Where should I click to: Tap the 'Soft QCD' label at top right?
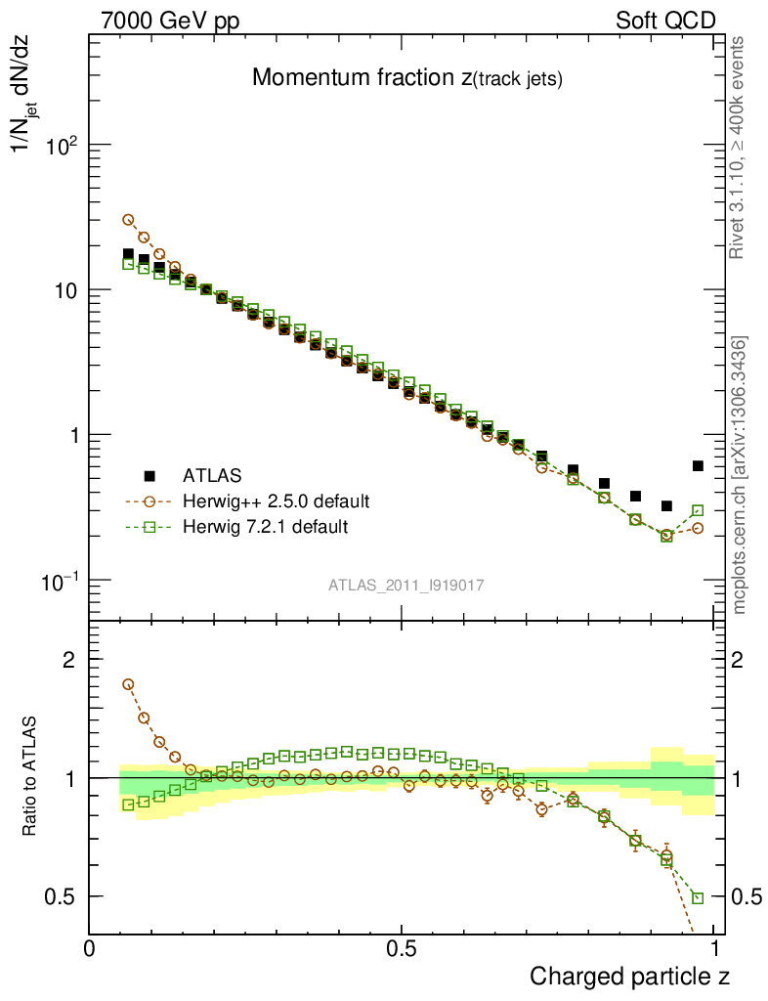(665, 21)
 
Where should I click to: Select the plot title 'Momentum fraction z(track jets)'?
(406, 79)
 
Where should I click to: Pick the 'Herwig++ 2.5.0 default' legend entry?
(275, 501)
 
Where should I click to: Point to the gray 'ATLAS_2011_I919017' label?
(406, 585)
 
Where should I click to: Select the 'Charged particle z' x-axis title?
(629, 976)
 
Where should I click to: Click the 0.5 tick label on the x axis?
(402, 948)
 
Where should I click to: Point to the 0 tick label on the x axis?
(90, 948)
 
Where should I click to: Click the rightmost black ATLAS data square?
(698, 465)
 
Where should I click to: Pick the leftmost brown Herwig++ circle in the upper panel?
(128, 220)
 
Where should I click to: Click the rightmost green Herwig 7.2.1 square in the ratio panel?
(698, 897)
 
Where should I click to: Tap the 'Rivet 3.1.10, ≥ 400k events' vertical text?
(739, 148)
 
